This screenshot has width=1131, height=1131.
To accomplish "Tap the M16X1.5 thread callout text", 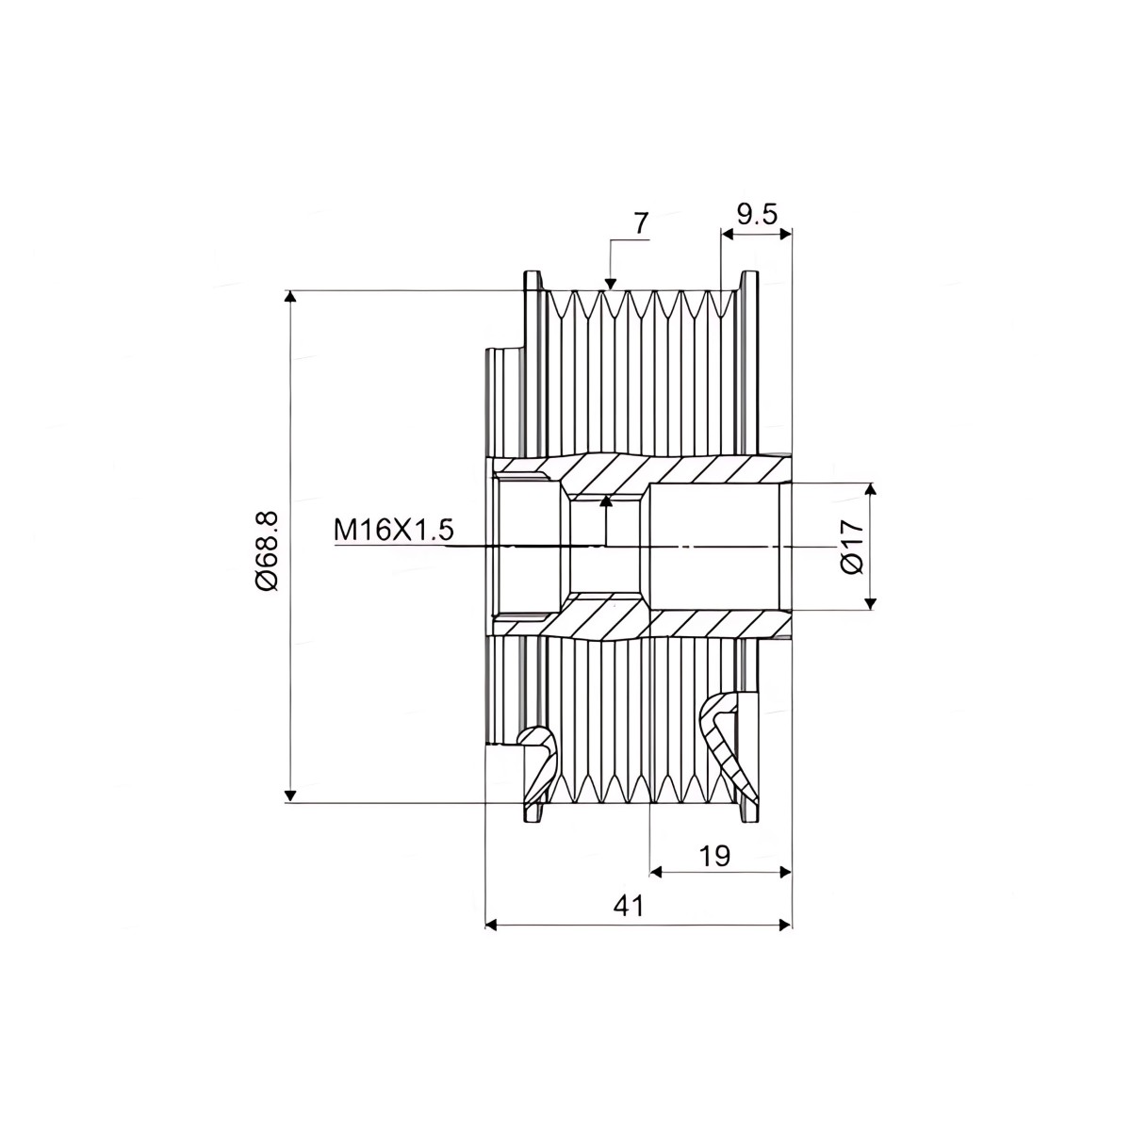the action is [394, 531].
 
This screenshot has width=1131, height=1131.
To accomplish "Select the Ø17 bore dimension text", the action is [852, 547].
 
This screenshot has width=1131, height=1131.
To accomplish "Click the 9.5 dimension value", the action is [757, 216].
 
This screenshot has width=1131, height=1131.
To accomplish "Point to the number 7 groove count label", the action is [641, 223].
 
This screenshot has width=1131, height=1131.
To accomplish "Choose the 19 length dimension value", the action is [714, 857].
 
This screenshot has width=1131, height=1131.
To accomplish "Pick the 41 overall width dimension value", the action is [629, 907].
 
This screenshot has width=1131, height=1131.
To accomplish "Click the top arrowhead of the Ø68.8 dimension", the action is [290, 297].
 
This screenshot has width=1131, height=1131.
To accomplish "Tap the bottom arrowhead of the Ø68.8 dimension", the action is [290, 795].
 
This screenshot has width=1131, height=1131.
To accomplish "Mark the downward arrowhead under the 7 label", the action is [611, 284].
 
